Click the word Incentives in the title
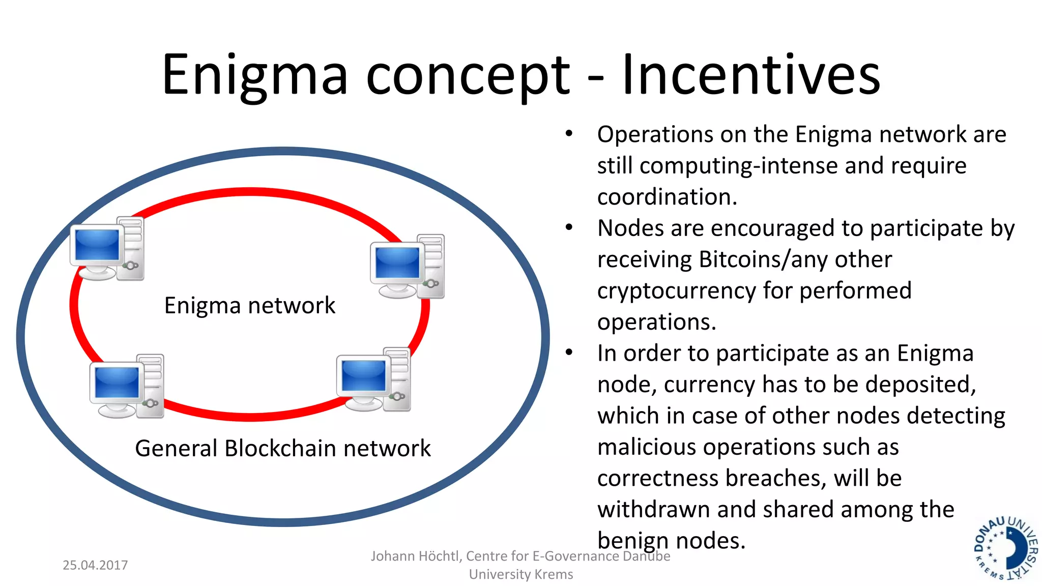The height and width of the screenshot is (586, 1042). pyautogui.click(x=751, y=75)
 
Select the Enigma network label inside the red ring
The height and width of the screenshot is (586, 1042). pyautogui.click(x=249, y=305)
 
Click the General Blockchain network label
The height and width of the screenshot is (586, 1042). pyautogui.click(x=283, y=449)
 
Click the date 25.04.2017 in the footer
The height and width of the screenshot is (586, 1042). pyautogui.click(x=95, y=565)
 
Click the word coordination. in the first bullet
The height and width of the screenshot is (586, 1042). pyautogui.click(x=667, y=197)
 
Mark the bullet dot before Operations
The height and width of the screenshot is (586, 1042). pyautogui.click(x=569, y=134)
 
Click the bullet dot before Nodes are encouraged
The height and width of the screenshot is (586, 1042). pyautogui.click(x=569, y=228)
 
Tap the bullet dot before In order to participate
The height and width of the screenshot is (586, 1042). pyautogui.click(x=569, y=353)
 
